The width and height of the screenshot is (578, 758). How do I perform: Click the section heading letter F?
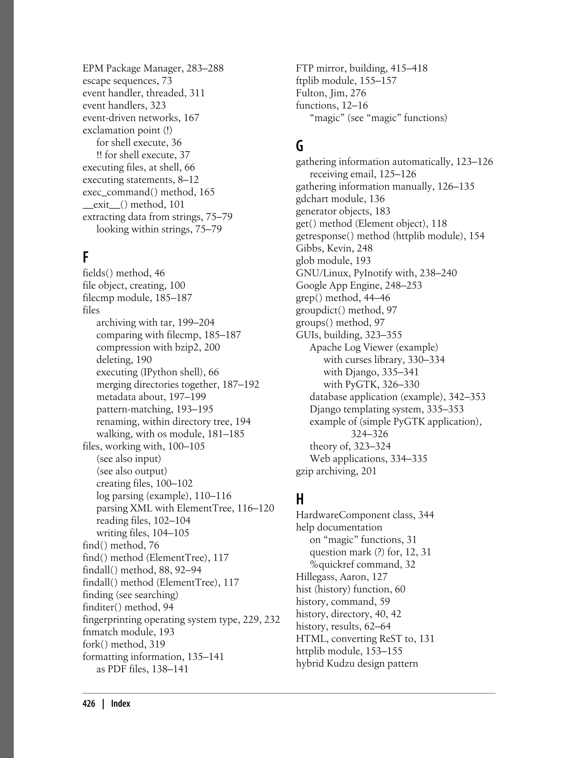point(86,257)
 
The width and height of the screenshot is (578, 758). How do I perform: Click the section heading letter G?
point(299,146)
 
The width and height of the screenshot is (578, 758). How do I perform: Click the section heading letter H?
point(300,499)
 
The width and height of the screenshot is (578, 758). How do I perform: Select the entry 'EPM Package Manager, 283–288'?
point(153,69)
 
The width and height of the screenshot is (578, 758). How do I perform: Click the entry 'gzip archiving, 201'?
point(336,471)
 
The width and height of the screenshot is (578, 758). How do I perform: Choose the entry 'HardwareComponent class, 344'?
point(365,515)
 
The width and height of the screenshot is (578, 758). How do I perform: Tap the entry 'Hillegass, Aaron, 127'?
point(342,577)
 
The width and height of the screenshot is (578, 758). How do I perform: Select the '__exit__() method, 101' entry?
point(133,204)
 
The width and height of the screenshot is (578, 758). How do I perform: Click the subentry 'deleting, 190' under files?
point(124,360)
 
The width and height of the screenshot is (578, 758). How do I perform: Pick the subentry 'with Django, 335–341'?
point(371,372)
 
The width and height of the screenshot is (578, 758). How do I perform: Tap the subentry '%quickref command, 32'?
point(362,565)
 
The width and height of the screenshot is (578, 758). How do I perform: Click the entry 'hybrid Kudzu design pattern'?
point(357,664)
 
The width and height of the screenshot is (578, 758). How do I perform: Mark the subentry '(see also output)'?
point(132,471)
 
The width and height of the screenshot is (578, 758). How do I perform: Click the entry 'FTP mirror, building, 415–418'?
point(362,69)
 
